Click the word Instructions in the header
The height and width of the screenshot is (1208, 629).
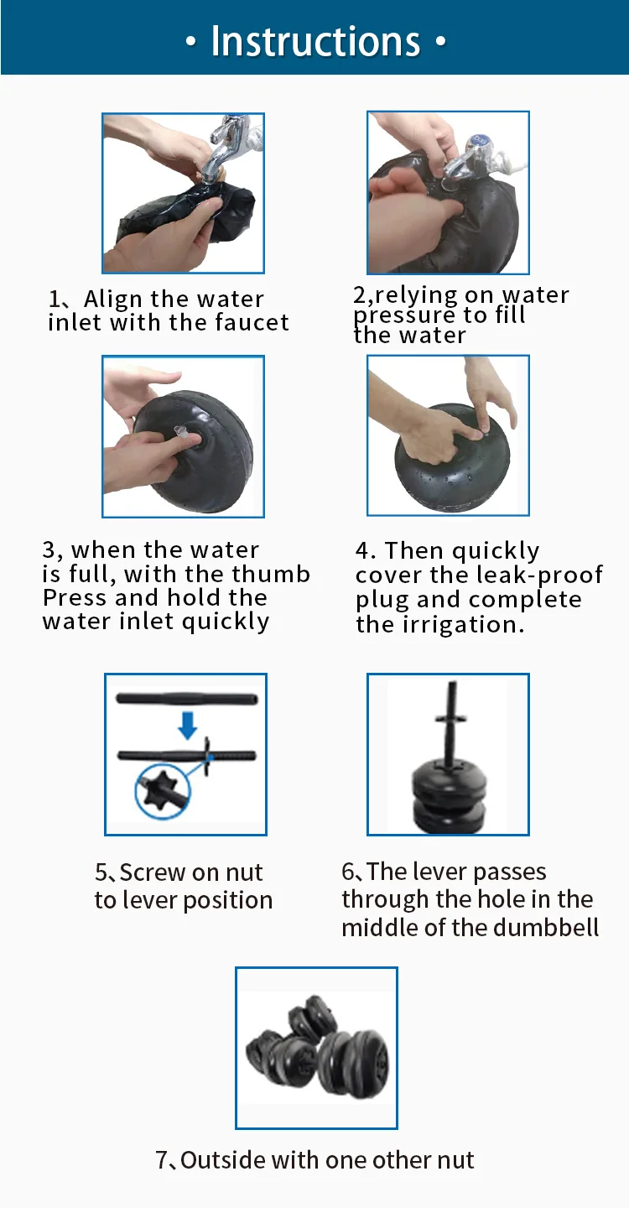point(315,41)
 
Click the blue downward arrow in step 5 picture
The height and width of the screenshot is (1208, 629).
point(188,726)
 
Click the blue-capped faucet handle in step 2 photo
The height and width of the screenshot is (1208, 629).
point(478,142)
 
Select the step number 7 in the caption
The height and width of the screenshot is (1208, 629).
point(162,1160)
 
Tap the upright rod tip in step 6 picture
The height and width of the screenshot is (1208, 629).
point(452,684)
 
